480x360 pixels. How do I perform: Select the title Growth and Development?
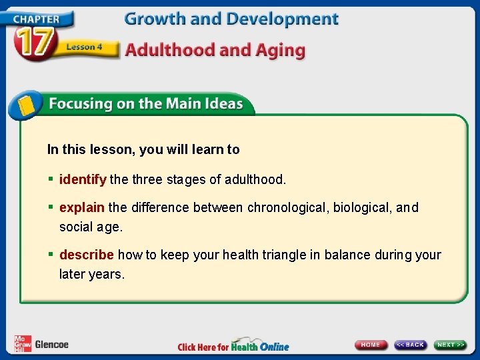click(231, 19)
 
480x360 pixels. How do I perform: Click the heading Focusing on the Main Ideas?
click(145, 104)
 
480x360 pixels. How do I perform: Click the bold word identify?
click(83, 179)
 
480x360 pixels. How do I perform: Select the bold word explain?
click(82, 207)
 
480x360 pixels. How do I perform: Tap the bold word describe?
click(87, 255)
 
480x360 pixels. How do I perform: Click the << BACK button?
click(410, 345)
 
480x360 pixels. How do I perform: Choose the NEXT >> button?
click(451, 345)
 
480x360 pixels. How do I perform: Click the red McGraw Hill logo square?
click(23, 344)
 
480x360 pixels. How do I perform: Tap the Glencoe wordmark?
click(51, 345)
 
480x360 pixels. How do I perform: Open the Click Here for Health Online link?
click(233, 346)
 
